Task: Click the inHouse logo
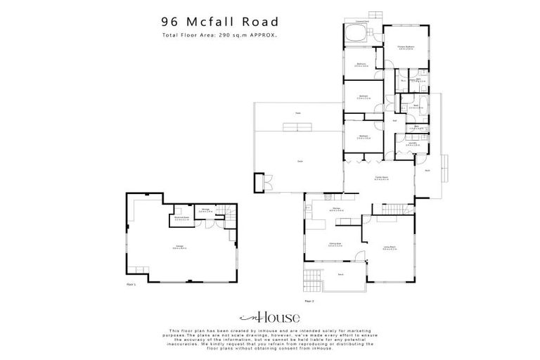[270, 317]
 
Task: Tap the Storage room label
[206, 210]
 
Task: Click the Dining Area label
[335, 244]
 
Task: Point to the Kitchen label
[337, 209]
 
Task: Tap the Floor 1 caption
[129, 285]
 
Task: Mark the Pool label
[298, 112]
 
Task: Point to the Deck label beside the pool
[300, 160]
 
